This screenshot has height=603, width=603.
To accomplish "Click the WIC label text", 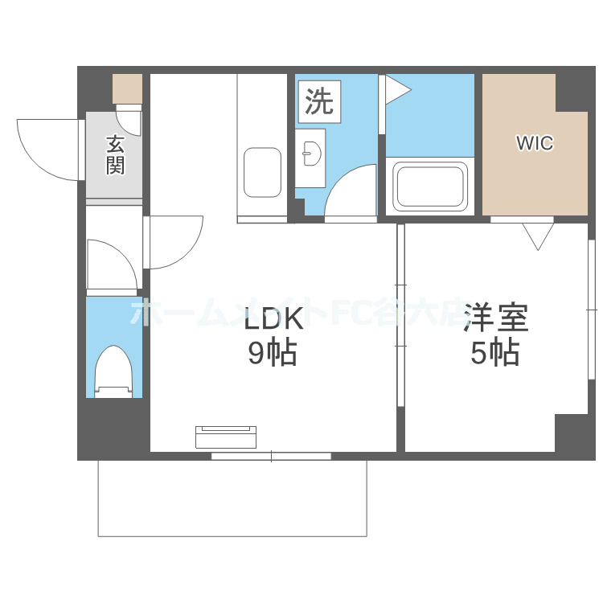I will [535, 144].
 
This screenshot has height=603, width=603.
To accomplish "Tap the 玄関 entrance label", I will [115, 156].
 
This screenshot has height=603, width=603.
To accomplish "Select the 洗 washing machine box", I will [319, 102].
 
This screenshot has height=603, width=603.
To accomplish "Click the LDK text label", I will [273, 320].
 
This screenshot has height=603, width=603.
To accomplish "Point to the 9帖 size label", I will [272, 354].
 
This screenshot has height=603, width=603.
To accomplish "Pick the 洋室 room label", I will [496, 318].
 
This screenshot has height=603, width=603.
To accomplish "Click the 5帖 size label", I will [494, 353].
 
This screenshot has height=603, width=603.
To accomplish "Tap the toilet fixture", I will [113, 371].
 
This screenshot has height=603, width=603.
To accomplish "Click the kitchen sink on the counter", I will [262, 172].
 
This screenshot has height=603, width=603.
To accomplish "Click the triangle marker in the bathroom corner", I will [396, 89].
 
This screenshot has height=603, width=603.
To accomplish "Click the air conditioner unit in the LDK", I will [226, 437].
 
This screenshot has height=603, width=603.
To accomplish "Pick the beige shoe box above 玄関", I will [127, 88].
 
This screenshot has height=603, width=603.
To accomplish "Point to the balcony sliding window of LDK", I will [271, 456].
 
